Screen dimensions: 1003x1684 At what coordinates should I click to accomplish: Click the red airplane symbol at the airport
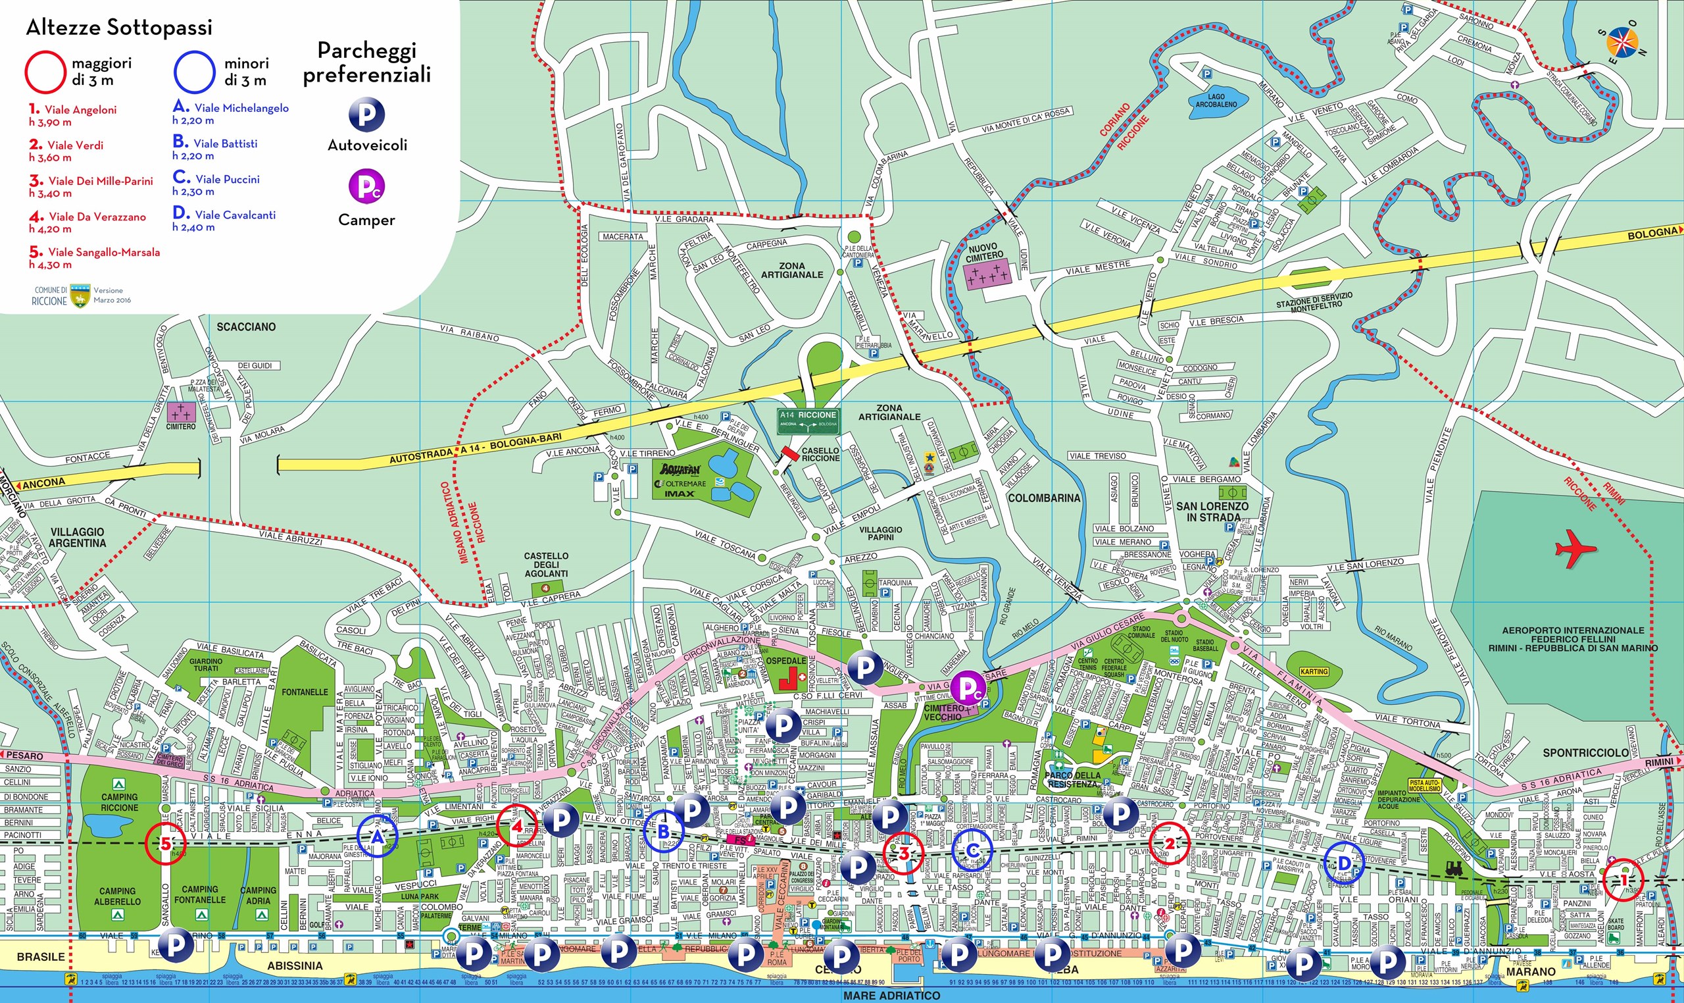(x=1575, y=548)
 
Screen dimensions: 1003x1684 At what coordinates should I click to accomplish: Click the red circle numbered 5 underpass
(x=166, y=844)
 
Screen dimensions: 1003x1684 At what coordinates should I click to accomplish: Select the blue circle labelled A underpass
(x=378, y=836)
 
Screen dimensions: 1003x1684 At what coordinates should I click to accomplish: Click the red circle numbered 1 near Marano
(x=1623, y=879)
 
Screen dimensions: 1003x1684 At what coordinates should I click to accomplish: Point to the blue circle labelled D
(x=1344, y=863)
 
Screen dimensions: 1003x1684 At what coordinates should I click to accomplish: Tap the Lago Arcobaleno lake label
(x=1216, y=101)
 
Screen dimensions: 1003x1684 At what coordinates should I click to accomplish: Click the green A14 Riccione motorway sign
(x=808, y=420)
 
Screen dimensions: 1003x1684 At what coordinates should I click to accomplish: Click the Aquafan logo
(x=680, y=469)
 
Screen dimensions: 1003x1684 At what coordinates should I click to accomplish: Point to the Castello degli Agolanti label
(x=546, y=565)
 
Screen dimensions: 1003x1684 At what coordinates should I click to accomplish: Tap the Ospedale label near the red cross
(x=785, y=660)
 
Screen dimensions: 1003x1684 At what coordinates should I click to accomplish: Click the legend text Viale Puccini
(x=227, y=179)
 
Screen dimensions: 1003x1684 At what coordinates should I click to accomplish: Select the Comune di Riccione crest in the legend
(x=80, y=296)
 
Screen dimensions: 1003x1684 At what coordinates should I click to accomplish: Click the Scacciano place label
(x=246, y=326)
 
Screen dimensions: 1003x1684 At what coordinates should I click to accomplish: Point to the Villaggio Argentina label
(x=78, y=537)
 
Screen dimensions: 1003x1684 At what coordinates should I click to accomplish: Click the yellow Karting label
(x=1314, y=671)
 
